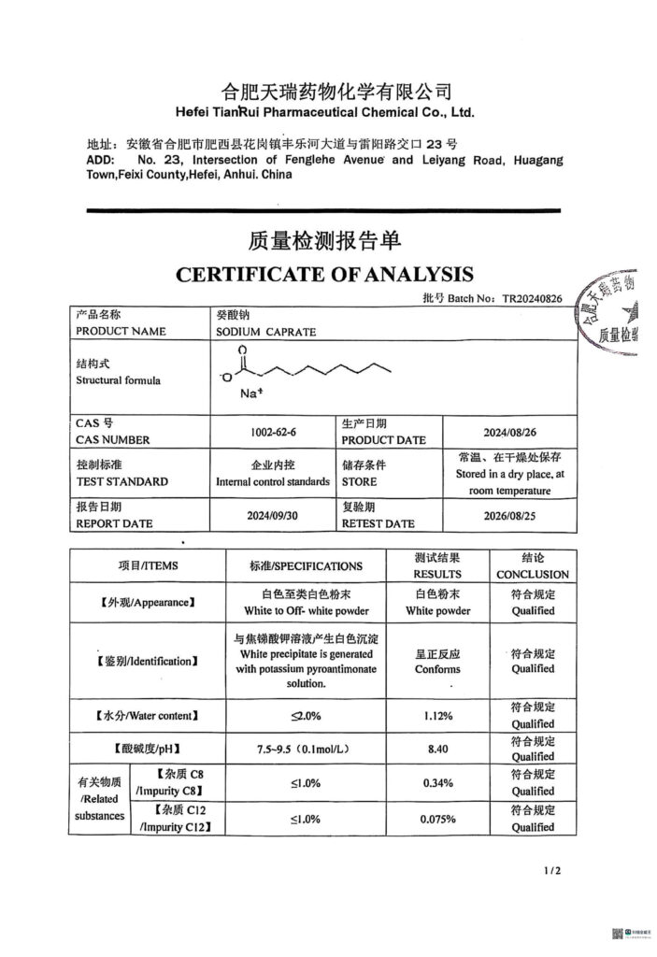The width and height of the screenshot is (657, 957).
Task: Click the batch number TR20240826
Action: [533, 299]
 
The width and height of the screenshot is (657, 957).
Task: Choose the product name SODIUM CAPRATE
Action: [266, 332]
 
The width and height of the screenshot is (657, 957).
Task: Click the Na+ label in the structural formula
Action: [252, 393]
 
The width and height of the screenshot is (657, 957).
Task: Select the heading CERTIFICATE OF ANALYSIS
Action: [324, 274]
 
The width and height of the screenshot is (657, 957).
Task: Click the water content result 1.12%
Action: [437, 716]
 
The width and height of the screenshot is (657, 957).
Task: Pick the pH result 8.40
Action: [437, 749]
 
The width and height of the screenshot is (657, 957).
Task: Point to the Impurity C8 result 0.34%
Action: [437, 782]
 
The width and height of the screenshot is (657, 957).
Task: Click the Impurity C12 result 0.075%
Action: [437, 819]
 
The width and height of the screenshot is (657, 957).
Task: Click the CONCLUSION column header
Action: [533, 574]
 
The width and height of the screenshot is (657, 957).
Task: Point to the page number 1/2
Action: [552, 871]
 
